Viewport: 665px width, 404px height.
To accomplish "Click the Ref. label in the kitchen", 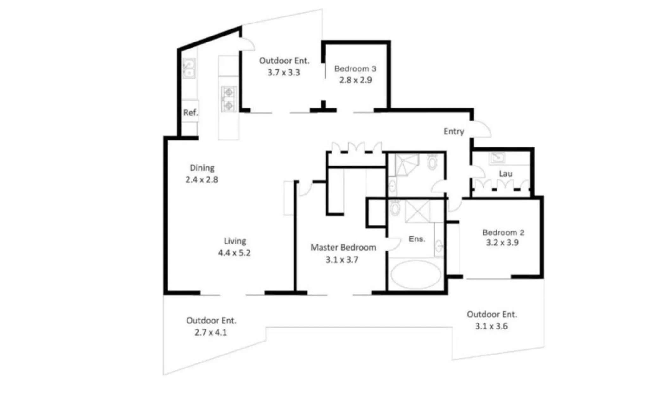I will (190, 113).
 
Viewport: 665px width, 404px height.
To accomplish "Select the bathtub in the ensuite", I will (415, 275).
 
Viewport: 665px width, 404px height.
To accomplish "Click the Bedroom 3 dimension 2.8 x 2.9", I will (356, 80).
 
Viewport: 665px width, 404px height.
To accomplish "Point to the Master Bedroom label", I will (343, 247).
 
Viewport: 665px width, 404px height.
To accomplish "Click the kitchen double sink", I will (189, 68).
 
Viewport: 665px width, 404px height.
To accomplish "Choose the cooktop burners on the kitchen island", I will (228, 99).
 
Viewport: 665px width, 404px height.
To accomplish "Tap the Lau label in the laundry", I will (505, 174).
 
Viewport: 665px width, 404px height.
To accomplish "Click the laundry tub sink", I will (498, 158).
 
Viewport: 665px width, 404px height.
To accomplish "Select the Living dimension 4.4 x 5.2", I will (234, 253).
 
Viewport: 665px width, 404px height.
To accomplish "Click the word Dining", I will (202, 168).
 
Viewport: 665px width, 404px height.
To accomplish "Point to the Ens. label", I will (417, 239).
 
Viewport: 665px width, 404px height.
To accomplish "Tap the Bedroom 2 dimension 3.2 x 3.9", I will (502, 243).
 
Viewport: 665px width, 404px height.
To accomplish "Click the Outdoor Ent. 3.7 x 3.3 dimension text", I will (284, 73).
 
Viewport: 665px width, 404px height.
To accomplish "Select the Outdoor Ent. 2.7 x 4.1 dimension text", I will (211, 332).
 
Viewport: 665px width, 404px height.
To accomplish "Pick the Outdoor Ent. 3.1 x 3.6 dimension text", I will (491, 326).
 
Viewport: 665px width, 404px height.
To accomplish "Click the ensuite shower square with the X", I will (418, 212).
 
